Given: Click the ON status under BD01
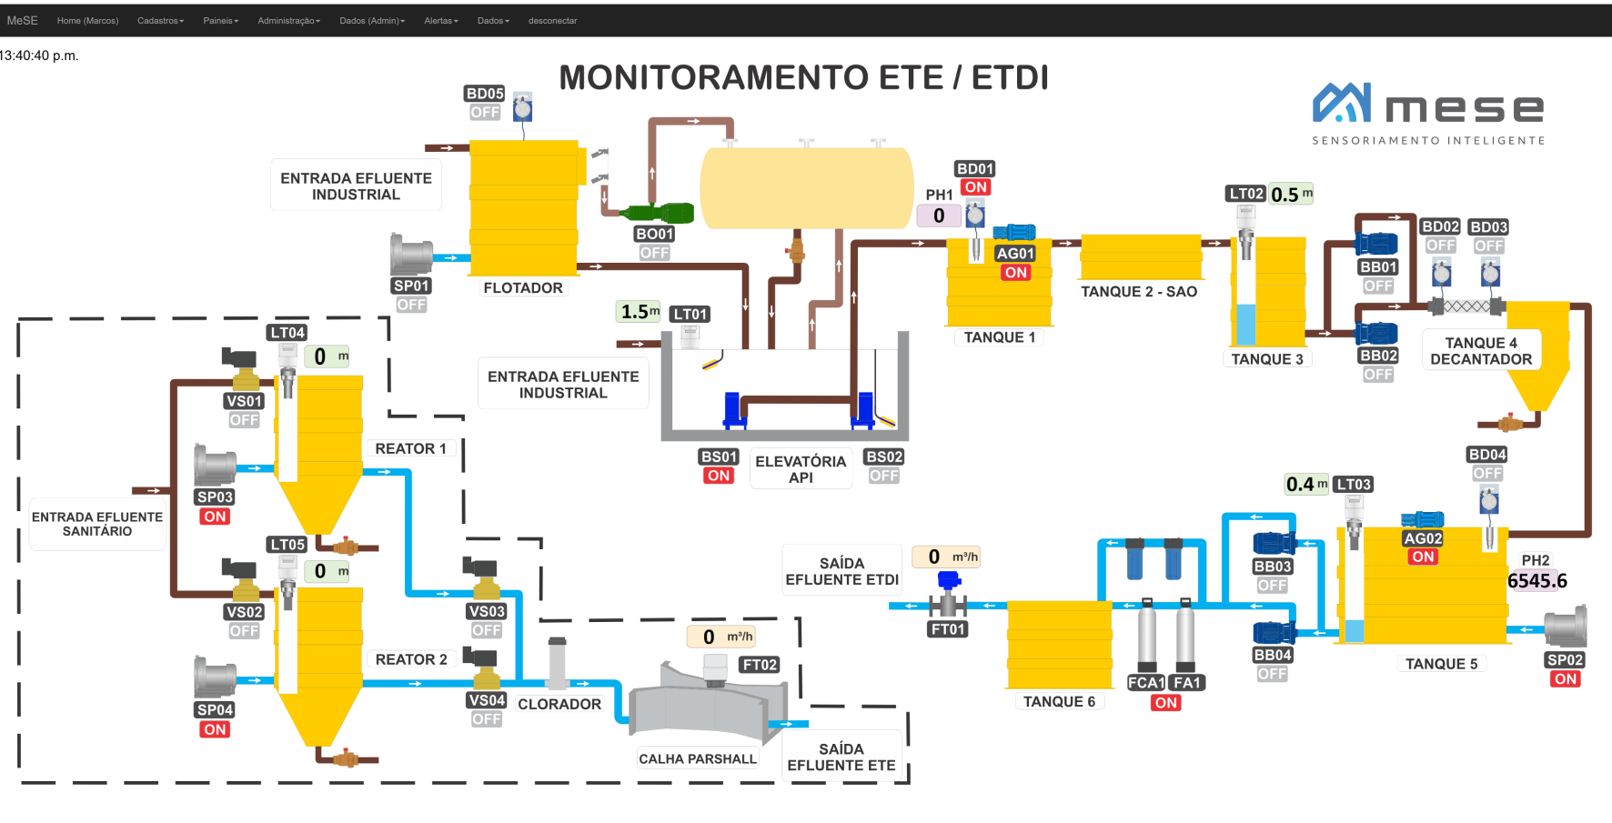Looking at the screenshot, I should pos(976,187).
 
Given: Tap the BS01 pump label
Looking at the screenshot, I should pos(719,457).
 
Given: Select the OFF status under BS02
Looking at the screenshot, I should pos(883,476).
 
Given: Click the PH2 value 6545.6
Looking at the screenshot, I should pos(1537,581).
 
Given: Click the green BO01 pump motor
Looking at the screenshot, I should pos(659,214).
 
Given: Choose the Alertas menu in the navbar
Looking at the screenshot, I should pos(440,20).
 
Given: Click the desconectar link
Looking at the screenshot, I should pos(552,20).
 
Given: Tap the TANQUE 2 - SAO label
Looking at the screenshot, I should pos(1139,291).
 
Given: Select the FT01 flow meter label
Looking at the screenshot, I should pos(948,628).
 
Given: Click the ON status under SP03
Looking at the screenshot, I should pos(215,517).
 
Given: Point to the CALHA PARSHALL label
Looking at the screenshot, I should pos(697,758).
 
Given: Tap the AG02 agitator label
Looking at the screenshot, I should pos(1423,538).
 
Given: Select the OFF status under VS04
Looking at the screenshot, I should pos(487,719).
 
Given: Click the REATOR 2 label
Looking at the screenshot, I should pos(411,659).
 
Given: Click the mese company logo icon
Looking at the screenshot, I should pos(1342,103).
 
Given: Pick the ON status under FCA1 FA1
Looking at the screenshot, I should pos(1165,703).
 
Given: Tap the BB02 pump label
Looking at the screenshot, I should pos(1378,356).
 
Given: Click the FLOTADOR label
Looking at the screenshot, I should pos(523,287).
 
